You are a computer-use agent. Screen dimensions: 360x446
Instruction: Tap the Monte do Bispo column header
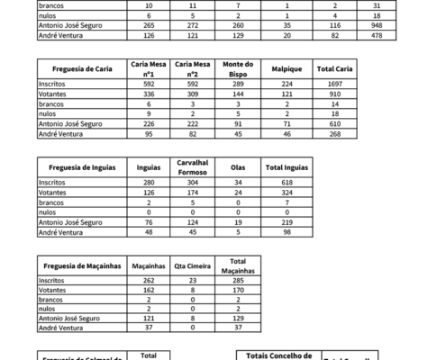238,68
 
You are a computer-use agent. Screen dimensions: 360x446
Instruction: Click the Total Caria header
332,68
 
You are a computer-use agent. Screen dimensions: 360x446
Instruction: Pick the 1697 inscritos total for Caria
332,84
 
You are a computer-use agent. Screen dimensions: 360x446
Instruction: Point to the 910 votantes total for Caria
332,94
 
